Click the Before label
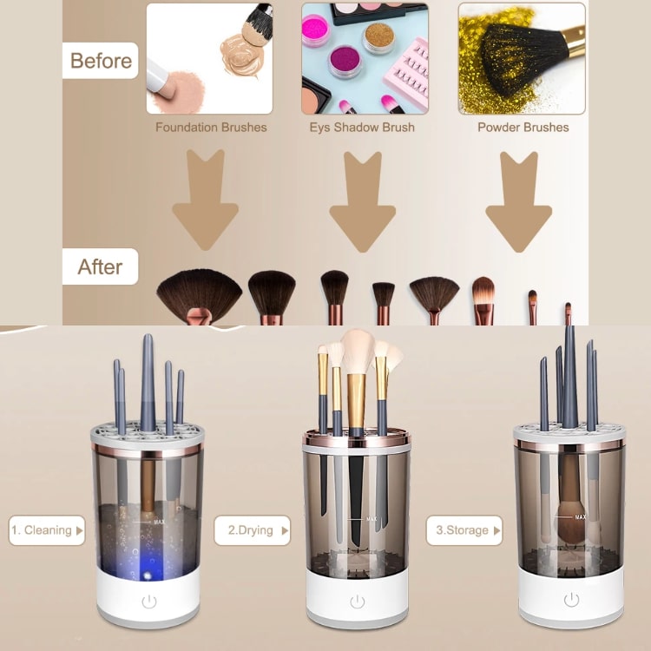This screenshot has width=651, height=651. tap(101, 61)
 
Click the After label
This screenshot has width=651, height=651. tap(100, 266)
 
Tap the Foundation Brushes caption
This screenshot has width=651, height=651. tap(211, 127)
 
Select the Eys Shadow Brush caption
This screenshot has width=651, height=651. tap(362, 127)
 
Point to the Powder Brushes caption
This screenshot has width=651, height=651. tap(523, 127)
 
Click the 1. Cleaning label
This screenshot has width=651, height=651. tap(47, 530)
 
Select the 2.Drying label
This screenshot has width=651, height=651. tap(252, 530)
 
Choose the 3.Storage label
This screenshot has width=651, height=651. tap(464, 530)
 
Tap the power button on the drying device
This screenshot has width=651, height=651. tap(357, 602)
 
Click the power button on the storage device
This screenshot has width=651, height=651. tap(571, 600)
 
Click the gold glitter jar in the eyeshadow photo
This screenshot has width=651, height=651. tap(378, 38)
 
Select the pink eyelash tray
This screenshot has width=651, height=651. tap(407, 75)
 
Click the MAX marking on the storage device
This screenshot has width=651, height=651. tap(581, 517)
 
